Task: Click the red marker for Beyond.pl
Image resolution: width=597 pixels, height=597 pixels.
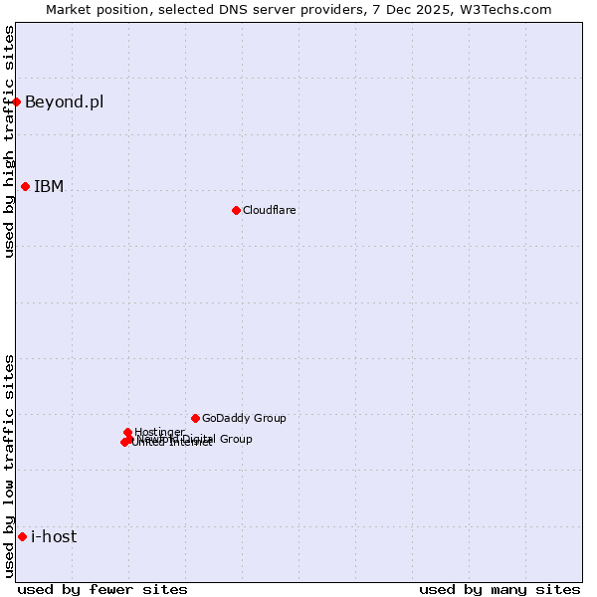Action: coord(17,101)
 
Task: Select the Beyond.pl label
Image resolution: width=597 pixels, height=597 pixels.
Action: coord(64,101)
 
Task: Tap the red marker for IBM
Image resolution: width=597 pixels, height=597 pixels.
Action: coord(25,186)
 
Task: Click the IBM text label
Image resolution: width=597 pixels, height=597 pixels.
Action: coord(49,186)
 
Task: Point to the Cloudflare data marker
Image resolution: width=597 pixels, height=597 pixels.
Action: coord(236,210)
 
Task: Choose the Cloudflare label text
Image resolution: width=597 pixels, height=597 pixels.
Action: coord(270,210)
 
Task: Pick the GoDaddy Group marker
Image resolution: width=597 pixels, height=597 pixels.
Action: coord(195,418)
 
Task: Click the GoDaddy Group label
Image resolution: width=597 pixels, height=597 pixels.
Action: coord(244,418)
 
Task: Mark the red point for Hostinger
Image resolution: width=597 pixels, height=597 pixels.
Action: coord(127,432)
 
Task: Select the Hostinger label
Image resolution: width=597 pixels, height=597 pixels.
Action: coord(160,431)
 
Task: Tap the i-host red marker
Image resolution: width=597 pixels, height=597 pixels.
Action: coord(22,536)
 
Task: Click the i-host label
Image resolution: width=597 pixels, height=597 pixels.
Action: coord(54,536)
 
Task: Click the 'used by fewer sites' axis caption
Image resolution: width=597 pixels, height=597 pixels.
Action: coord(102,589)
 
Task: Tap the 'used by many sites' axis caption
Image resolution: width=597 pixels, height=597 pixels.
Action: coord(499,589)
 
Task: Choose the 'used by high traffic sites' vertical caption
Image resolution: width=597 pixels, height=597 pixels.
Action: coord(9,141)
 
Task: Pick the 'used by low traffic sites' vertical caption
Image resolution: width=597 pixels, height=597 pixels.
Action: coord(9,466)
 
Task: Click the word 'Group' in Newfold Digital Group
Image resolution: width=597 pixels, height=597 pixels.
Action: coord(235,439)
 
